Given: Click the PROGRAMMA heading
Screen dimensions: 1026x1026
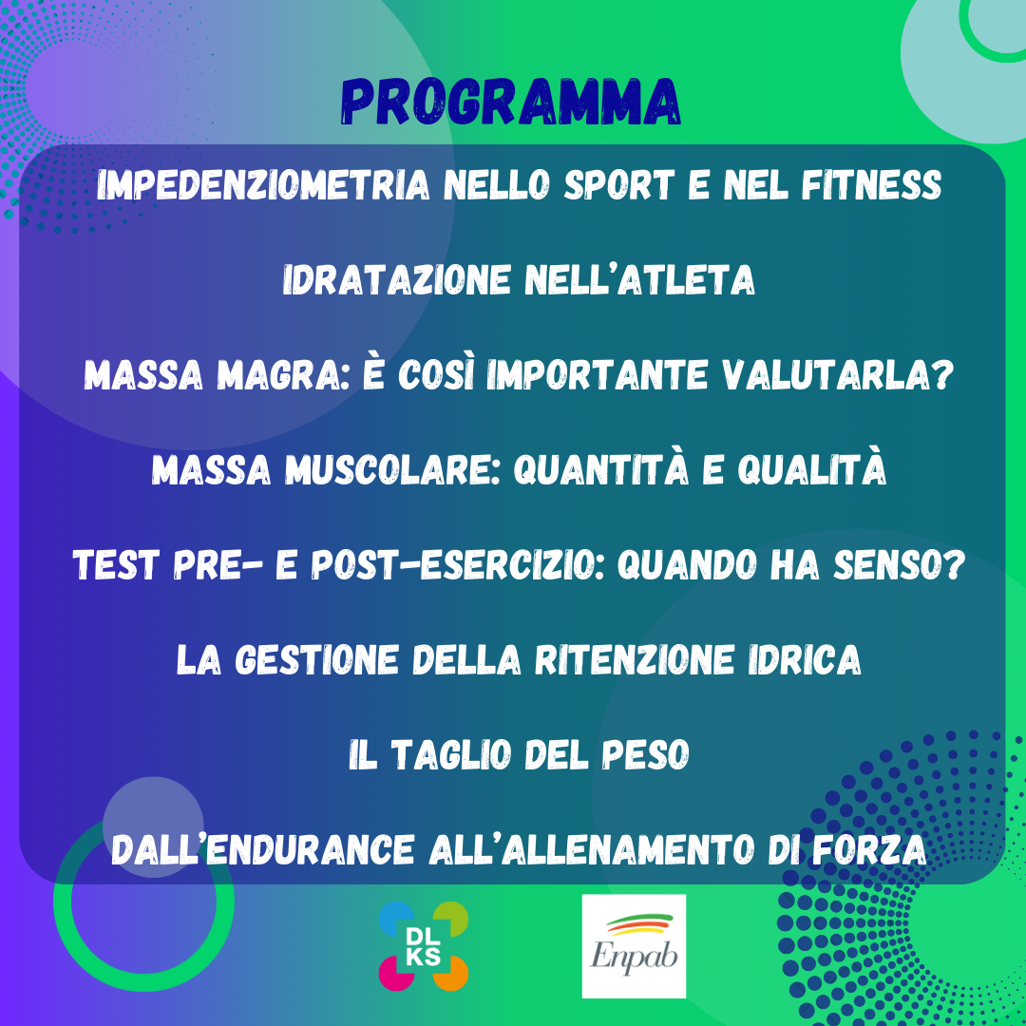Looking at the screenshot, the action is pyautogui.click(x=511, y=102).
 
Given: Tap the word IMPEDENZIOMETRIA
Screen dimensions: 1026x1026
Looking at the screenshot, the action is pyautogui.click(x=263, y=185).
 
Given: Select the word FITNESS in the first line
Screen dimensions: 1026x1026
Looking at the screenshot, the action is pyautogui.click(x=871, y=185).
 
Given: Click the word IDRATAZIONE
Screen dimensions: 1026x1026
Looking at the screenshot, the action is pyautogui.click(x=396, y=280).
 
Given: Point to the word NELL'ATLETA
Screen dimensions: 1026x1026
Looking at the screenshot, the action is pyautogui.click(x=640, y=280).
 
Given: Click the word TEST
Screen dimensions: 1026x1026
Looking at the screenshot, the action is pyautogui.click(x=116, y=564).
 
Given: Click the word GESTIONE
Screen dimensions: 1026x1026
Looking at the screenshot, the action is pyautogui.click(x=316, y=659).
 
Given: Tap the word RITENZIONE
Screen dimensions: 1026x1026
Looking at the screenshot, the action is pyautogui.click(x=634, y=659).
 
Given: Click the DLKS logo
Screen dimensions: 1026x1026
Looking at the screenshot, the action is pyautogui.click(x=424, y=946).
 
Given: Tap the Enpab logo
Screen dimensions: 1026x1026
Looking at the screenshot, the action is pyautogui.click(x=634, y=946).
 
